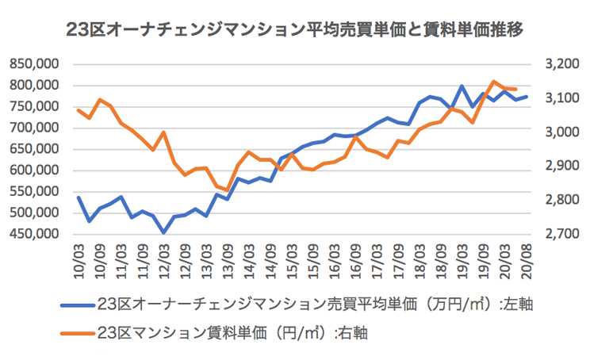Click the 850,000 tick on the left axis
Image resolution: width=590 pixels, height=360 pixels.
(x=37, y=64)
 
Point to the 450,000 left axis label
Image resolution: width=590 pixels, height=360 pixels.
(x=37, y=234)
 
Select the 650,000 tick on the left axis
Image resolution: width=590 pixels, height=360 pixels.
(x=37, y=149)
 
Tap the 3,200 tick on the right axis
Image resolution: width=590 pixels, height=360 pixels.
(x=554, y=64)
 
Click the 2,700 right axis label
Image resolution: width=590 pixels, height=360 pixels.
(x=554, y=234)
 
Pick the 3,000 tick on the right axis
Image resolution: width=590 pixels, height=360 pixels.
(x=554, y=132)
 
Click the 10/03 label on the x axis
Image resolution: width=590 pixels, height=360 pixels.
(x=79, y=258)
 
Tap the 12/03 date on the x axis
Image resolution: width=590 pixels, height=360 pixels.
(x=163, y=258)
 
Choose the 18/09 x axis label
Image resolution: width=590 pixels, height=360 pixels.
(x=442, y=258)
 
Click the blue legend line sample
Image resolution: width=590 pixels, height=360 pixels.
(x=75, y=304)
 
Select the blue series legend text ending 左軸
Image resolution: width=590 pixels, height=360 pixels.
(x=316, y=304)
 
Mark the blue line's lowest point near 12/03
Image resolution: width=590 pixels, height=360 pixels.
(x=164, y=232)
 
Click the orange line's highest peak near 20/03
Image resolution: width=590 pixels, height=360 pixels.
(x=493, y=81)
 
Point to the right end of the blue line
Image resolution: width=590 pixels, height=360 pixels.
(x=527, y=97)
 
